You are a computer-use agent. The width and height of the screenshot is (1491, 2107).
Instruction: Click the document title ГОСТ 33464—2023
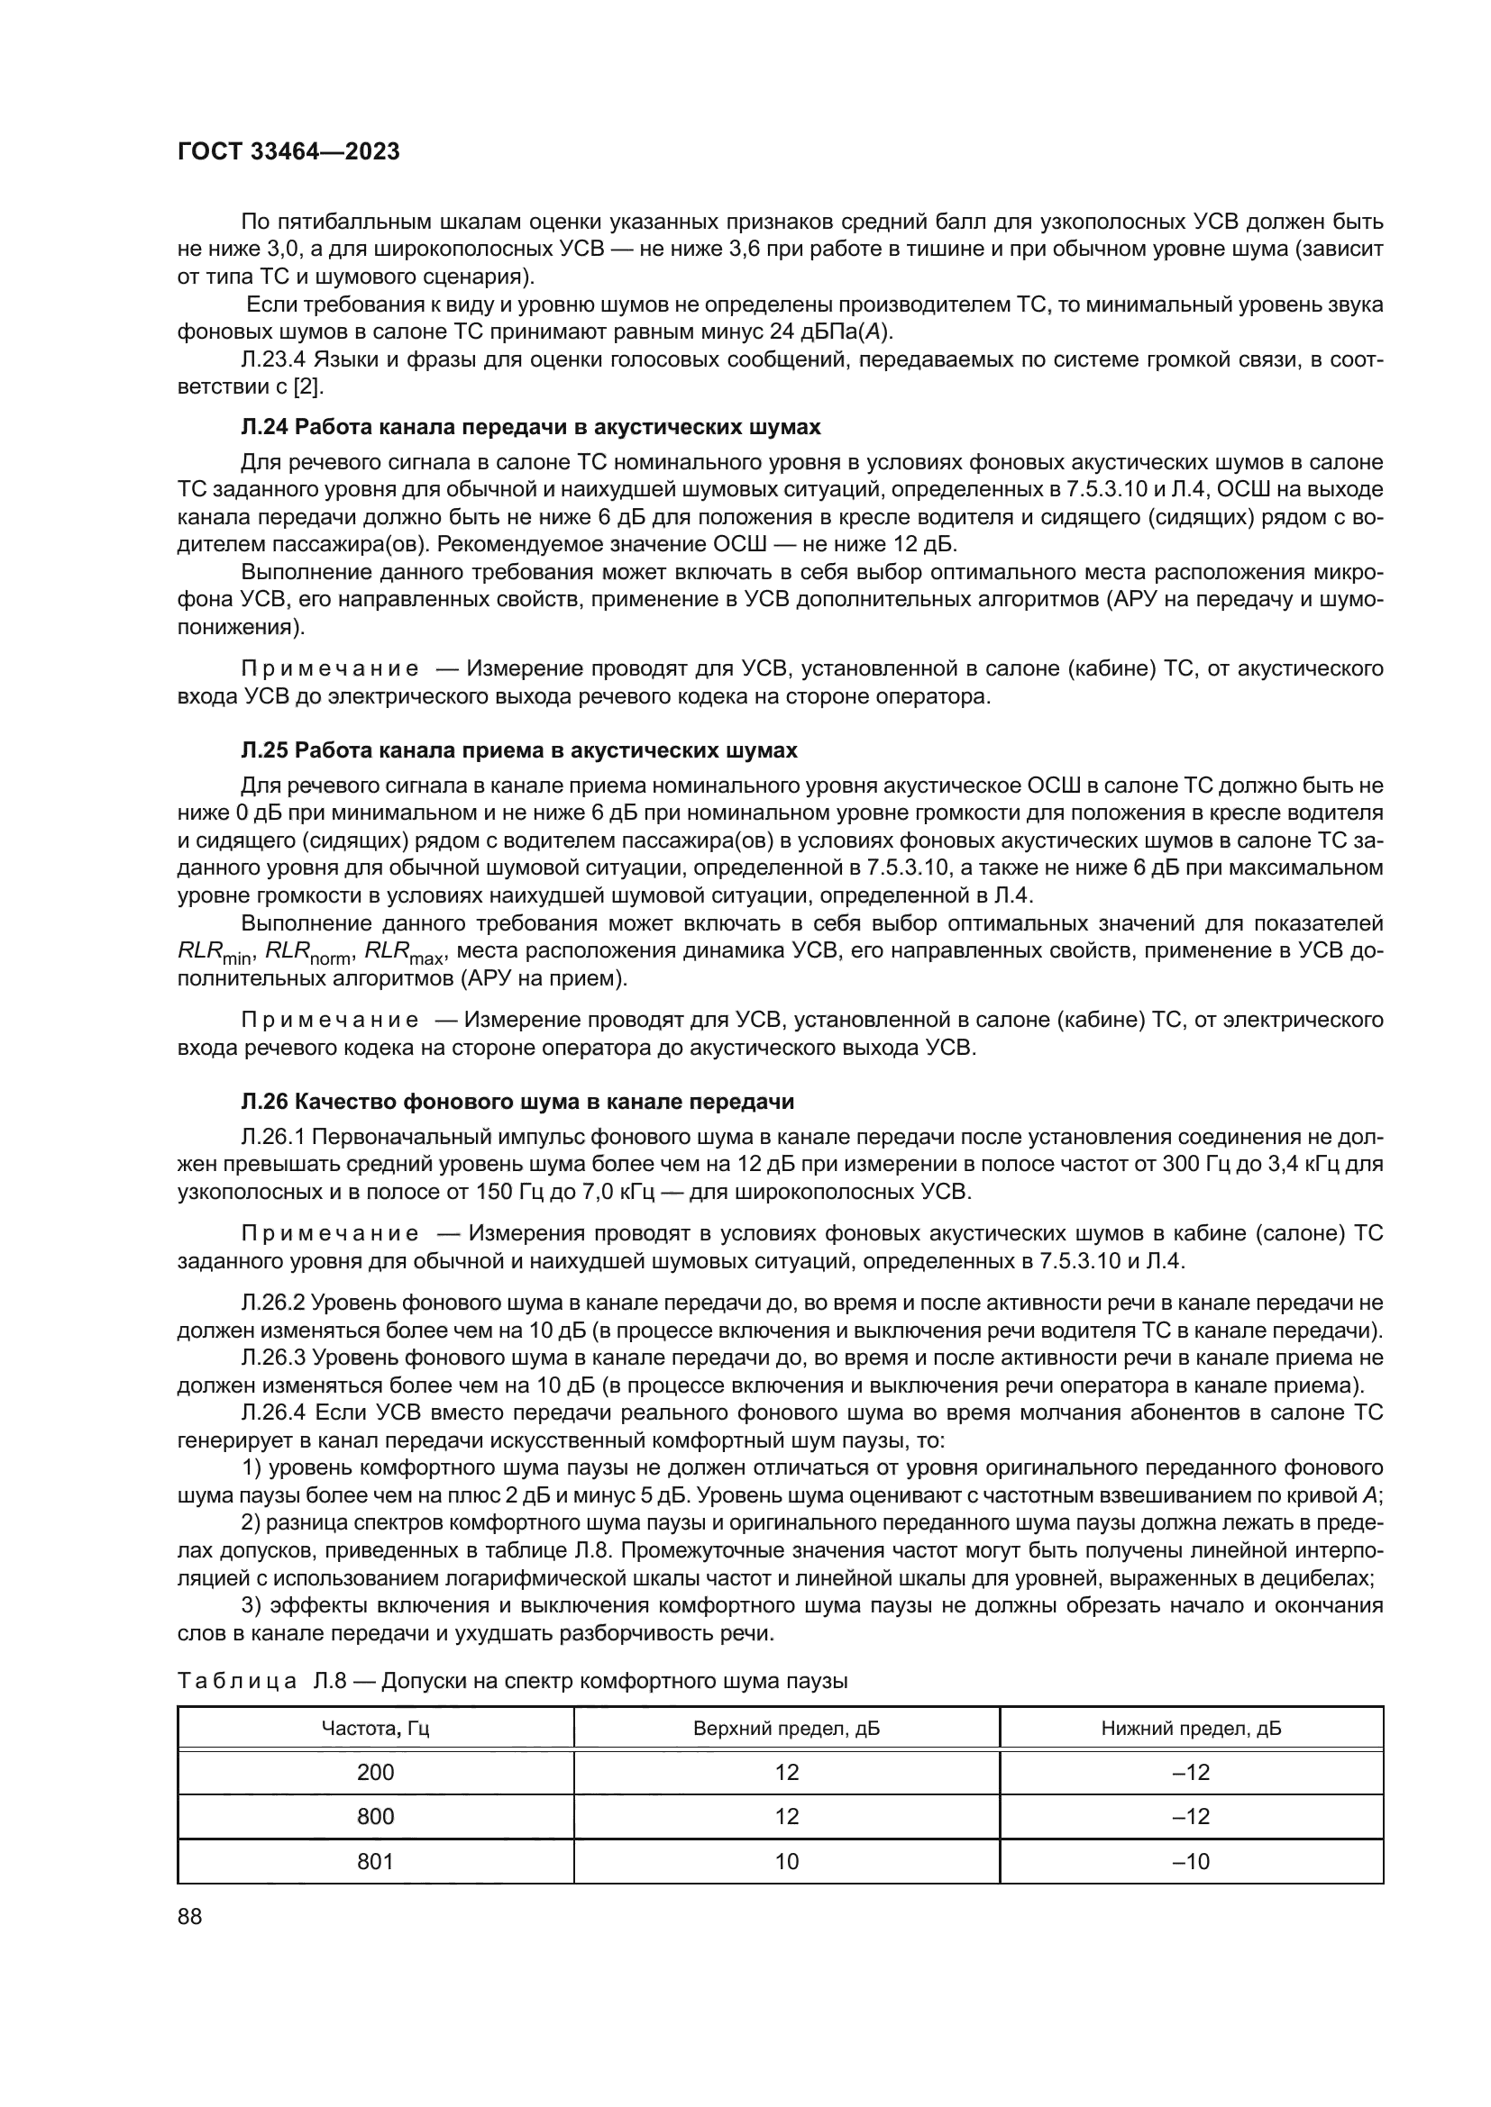(x=288, y=152)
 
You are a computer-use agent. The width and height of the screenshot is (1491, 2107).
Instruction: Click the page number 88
(x=190, y=1916)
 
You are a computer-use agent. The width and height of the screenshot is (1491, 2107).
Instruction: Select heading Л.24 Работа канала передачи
(x=531, y=428)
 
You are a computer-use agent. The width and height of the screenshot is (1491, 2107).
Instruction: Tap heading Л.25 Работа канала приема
(x=518, y=750)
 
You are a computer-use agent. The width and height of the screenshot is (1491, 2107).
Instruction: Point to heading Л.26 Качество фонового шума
(x=517, y=1101)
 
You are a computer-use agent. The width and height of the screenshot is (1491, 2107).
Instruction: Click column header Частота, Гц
(x=376, y=1729)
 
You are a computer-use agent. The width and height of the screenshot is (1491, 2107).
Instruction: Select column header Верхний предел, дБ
(x=786, y=1729)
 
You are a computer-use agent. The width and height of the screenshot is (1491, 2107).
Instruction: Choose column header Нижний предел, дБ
(x=1191, y=1729)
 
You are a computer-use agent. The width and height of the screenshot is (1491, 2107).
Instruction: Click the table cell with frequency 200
(x=376, y=1772)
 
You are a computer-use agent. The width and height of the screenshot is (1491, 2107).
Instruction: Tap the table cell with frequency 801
(x=376, y=1861)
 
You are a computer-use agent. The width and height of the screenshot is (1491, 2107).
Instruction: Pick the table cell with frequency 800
(x=376, y=1816)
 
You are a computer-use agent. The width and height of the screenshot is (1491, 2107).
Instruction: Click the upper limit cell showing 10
(x=786, y=1861)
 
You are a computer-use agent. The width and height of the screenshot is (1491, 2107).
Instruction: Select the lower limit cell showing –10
(x=1191, y=1861)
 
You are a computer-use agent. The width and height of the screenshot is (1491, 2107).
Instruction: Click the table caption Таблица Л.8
(x=511, y=1681)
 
